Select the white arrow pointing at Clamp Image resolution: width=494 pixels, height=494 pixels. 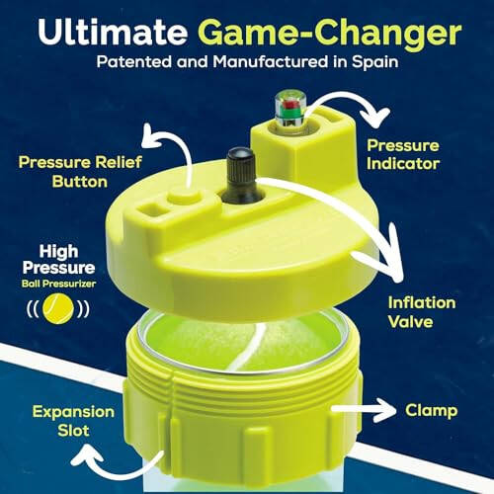[x=366, y=408]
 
